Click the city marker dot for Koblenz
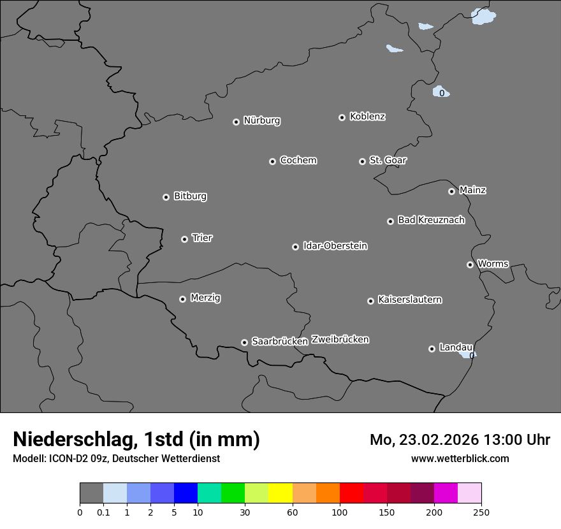coord(342,117)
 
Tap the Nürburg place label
coord(261,120)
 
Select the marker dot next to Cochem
coord(272,161)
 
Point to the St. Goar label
coord(388,160)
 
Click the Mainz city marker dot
coord(451,191)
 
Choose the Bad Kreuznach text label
coord(431,220)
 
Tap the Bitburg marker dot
coord(166,198)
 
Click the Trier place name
coord(202,238)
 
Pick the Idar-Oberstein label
coord(335,245)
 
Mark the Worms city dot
coord(470,264)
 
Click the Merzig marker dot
coord(182,299)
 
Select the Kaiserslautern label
coord(409,300)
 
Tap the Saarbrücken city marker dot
coord(244,342)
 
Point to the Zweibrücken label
coord(340,340)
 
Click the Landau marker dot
coord(432,349)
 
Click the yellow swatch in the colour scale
coord(280,493)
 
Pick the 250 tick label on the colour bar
coord(481,512)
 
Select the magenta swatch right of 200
coord(446,493)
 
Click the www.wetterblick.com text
coord(460,458)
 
